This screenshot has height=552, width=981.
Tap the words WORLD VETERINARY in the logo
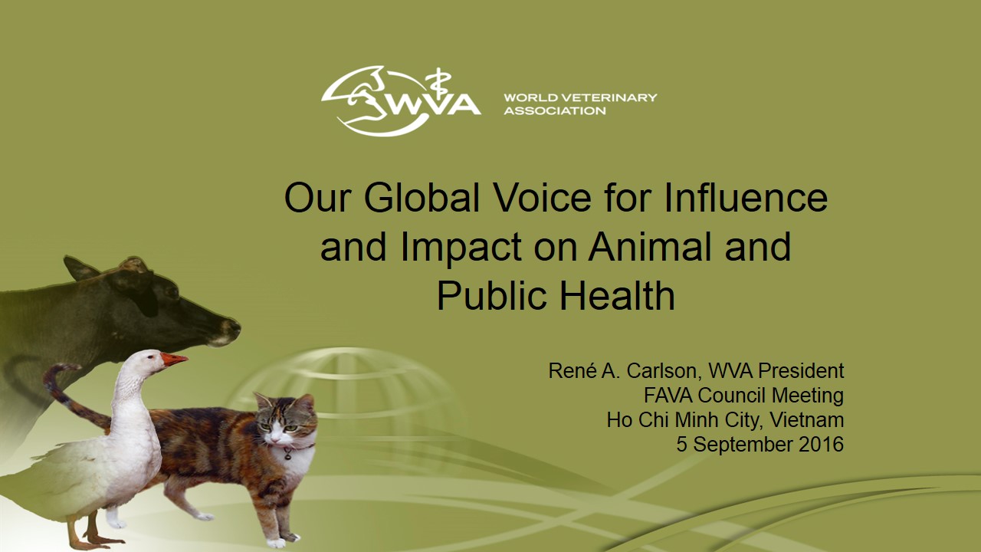[x=580, y=97]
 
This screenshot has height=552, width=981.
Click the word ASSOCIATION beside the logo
[x=555, y=110]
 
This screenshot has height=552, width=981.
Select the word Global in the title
[x=422, y=198]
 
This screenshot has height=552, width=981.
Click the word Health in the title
[x=618, y=296]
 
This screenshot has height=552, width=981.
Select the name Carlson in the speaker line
[x=661, y=372]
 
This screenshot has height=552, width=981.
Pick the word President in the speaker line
[x=801, y=371]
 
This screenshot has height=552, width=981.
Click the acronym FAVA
[x=668, y=396]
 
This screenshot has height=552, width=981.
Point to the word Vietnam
[x=807, y=420]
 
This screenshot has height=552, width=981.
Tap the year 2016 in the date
[x=821, y=445]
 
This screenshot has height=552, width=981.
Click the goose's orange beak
[x=174, y=360]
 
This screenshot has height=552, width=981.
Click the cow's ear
[x=80, y=268]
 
